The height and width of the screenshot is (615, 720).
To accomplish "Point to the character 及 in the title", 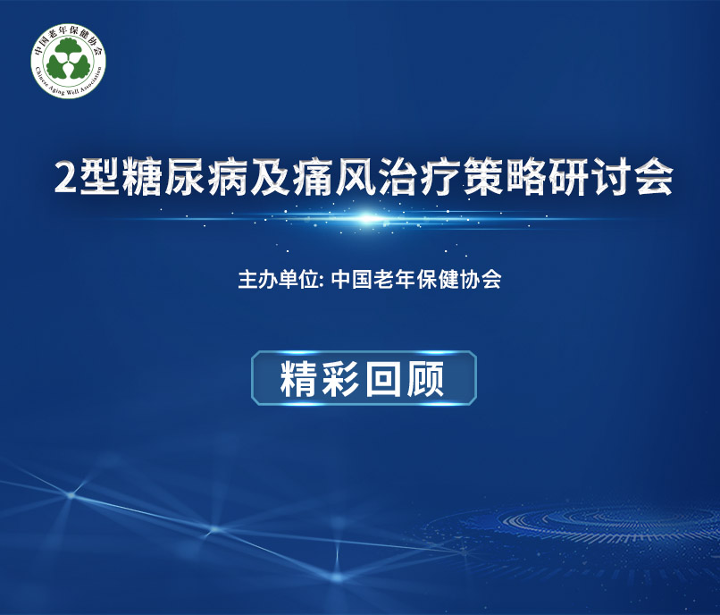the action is coord(269,177).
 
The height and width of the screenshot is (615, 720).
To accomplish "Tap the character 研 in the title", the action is coord(568,177).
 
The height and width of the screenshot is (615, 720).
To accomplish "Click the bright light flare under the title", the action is coord(367,218).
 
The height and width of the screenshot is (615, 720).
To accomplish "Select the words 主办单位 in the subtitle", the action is coord(279,279).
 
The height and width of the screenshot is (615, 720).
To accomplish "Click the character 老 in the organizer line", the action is coord(383,279).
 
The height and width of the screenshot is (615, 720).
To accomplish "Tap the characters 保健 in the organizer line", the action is coord(437,279).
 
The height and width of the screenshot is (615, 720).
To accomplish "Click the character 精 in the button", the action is coord(300,378).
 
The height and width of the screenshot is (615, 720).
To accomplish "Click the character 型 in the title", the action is coord(98,177).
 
